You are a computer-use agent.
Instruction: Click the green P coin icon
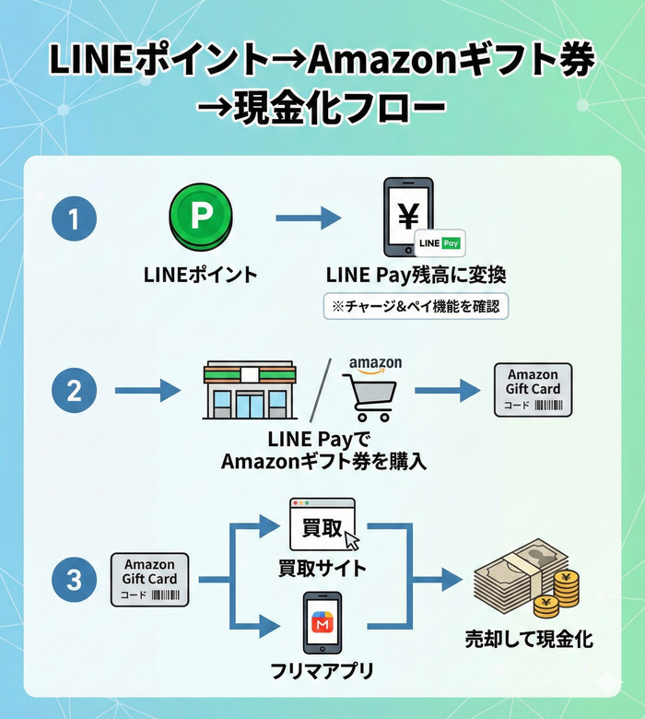(200, 218)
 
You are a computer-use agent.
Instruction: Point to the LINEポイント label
(200, 275)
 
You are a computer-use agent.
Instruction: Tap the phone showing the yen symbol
(408, 218)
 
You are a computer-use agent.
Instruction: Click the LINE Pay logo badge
(440, 243)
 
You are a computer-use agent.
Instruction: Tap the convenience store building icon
(249, 391)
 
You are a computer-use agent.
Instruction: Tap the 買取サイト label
(322, 568)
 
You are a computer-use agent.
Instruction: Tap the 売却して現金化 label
(529, 640)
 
